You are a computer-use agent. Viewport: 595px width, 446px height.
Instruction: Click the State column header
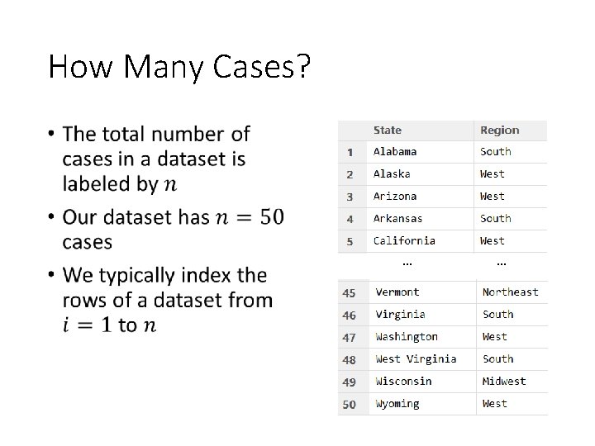(x=388, y=130)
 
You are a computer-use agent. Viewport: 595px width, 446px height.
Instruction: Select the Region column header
(x=499, y=130)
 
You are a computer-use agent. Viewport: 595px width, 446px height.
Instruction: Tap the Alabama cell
(x=395, y=152)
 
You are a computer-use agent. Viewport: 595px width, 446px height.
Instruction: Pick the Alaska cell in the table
(x=392, y=174)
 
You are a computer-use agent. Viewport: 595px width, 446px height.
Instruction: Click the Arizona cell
(x=395, y=197)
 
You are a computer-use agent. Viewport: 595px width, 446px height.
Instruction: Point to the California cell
(x=404, y=241)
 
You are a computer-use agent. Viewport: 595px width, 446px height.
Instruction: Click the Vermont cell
(x=397, y=292)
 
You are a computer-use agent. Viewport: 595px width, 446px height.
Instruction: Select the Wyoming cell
(x=397, y=404)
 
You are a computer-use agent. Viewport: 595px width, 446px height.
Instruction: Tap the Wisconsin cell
(x=403, y=382)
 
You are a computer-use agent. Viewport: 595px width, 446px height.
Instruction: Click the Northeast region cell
(x=510, y=292)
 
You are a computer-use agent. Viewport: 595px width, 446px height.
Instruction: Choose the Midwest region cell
(x=504, y=382)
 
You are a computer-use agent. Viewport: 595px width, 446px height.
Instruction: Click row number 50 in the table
(x=349, y=405)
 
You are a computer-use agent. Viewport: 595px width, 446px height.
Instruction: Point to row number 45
(x=349, y=293)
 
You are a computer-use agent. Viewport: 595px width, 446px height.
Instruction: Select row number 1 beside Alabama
(x=350, y=153)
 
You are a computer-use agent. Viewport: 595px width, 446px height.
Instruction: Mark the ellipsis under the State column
(x=407, y=263)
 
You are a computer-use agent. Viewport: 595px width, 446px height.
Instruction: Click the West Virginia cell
(x=416, y=359)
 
